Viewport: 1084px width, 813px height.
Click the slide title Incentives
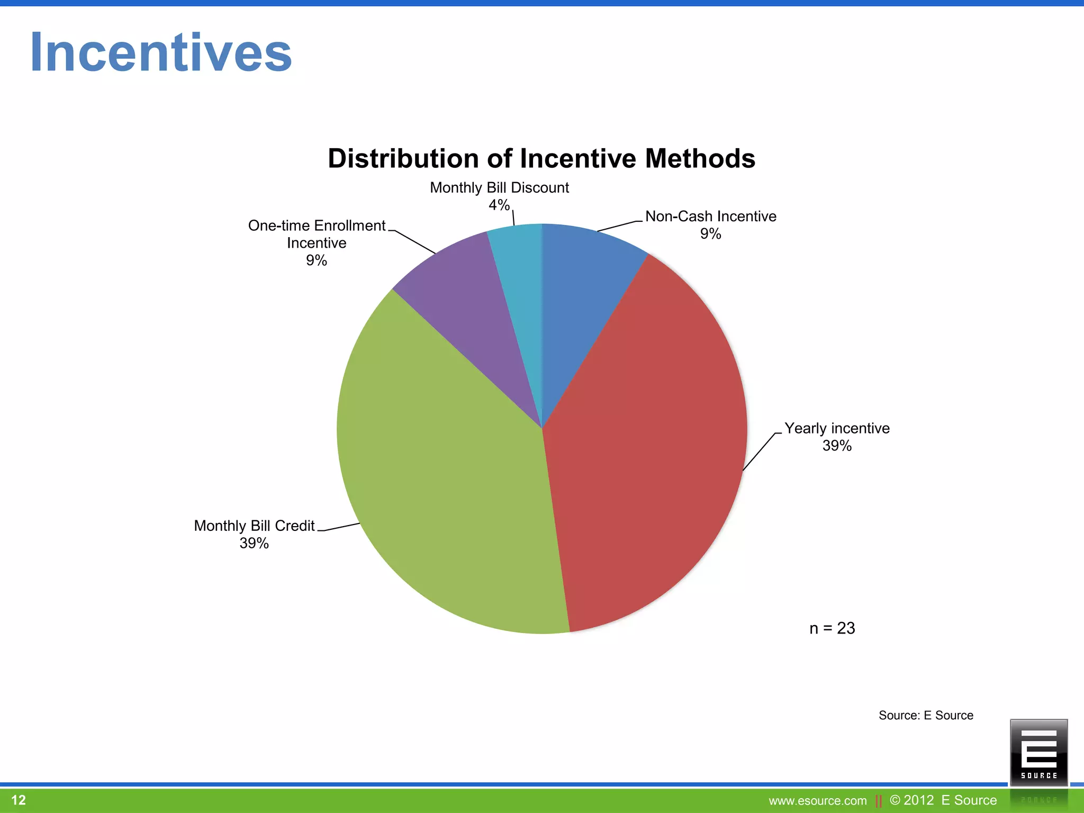[161, 53]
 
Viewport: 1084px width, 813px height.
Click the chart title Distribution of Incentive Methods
[541, 158]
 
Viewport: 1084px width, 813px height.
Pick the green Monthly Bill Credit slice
[450, 476]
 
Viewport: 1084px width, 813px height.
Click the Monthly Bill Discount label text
[499, 188]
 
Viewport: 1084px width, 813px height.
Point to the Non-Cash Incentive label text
[711, 216]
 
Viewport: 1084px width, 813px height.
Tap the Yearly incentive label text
[837, 428]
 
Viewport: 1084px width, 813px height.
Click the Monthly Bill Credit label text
[254, 526]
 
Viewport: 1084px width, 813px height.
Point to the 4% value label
[499, 205]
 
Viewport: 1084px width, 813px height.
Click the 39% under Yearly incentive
[837, 446]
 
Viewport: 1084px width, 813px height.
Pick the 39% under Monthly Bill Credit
[254, 543]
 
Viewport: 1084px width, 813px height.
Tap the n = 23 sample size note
[832, 628]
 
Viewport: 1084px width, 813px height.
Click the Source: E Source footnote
[926, 716]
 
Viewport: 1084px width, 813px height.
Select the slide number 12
[19, 800]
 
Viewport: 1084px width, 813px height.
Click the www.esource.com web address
[818, 801]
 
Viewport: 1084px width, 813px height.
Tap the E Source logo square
[1038, 752]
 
